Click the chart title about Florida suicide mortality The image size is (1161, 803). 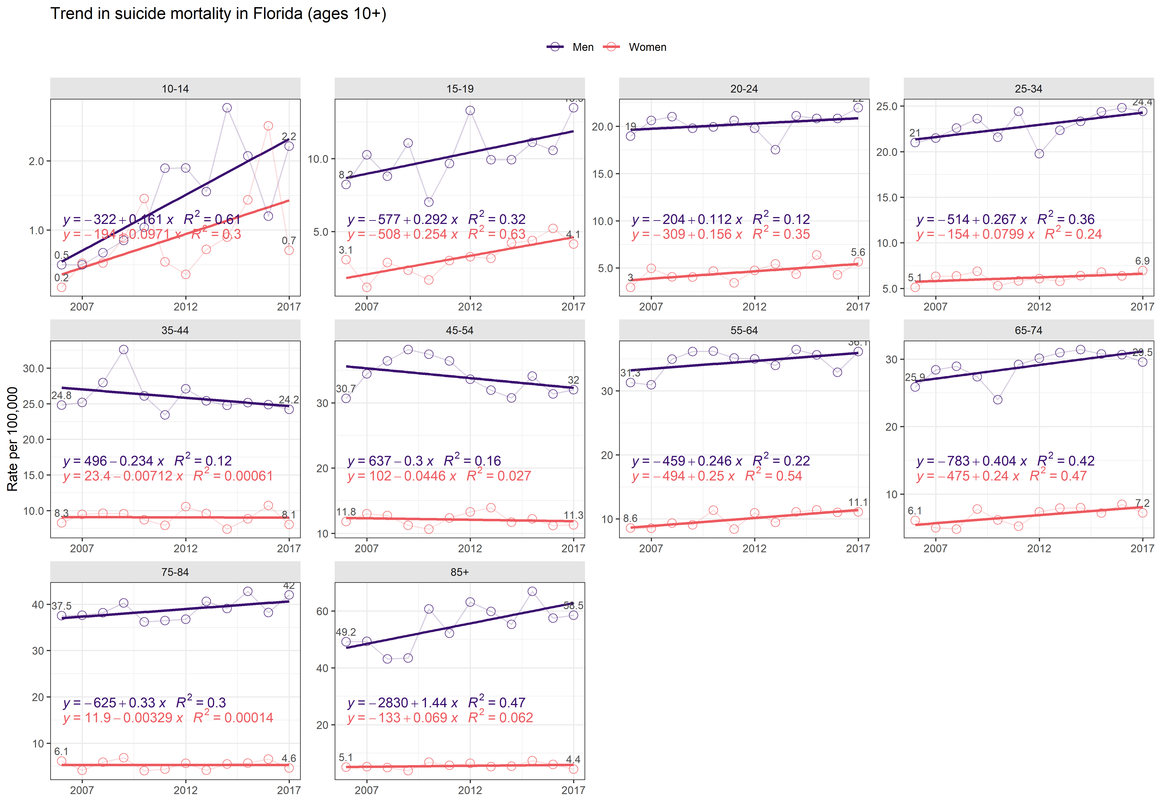tap(218, 14)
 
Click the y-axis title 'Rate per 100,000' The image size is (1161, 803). tap(12, 439)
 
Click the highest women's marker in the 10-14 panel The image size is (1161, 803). tap(268, 126)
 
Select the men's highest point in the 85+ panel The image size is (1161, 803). tap(532, 591)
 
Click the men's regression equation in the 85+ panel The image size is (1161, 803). tap(436, 702)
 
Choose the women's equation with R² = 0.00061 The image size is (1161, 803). tap(168, 476)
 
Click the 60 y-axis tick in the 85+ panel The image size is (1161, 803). tap(322, 611)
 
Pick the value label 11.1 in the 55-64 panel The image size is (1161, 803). tap(858, 502)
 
